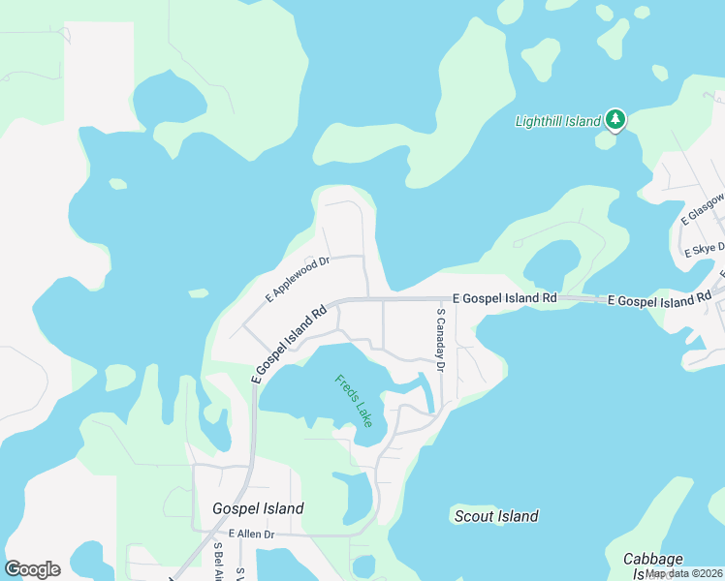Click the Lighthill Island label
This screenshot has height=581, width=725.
point(557,121)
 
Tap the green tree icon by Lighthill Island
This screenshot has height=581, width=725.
point(615,120)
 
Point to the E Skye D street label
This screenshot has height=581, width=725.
point(705,249)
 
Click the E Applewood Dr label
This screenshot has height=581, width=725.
point(298,277)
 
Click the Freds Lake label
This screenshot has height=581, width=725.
point(353,401)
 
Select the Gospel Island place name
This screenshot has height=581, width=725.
point(258,508)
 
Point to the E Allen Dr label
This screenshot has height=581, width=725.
point(252,534)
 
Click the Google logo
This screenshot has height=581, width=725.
point(32,569)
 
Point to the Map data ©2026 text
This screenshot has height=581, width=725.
point(684,573)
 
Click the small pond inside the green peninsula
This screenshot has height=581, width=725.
point(551,263)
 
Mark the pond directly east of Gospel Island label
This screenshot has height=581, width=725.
point(351,496)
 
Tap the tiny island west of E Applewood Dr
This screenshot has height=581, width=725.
point(198,292)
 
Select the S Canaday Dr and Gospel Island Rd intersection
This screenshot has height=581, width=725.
point(431,300)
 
